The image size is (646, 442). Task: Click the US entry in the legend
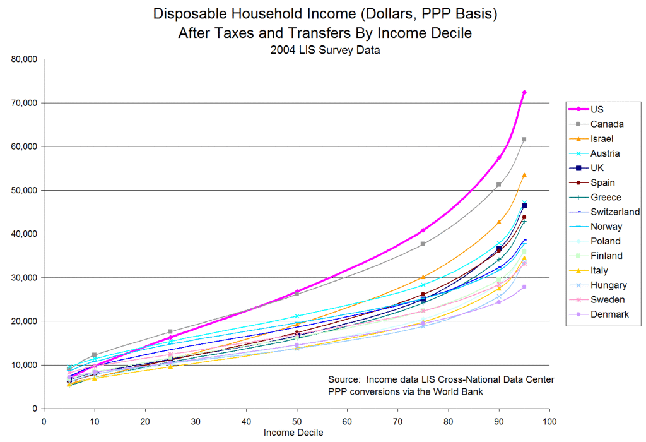coord(597,109)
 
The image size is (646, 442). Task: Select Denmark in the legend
coord(609,314)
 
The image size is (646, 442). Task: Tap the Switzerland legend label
coord(615,212)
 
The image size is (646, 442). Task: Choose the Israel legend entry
coord(602,139)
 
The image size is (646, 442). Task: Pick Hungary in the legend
coord(608,285)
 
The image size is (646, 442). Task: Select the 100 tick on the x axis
coord(549,421)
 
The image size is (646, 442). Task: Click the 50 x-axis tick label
coord(297,421)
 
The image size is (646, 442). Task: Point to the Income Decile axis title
coord(294,433)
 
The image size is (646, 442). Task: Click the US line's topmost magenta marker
coord(524,92)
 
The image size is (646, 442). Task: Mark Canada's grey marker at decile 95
coord(524,139)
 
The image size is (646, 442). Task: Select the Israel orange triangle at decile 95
coord(524,175)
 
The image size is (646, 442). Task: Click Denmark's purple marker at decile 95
coord(524,287)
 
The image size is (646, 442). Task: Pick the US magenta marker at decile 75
coord(423,230)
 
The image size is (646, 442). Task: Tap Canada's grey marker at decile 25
coord(170,331)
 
